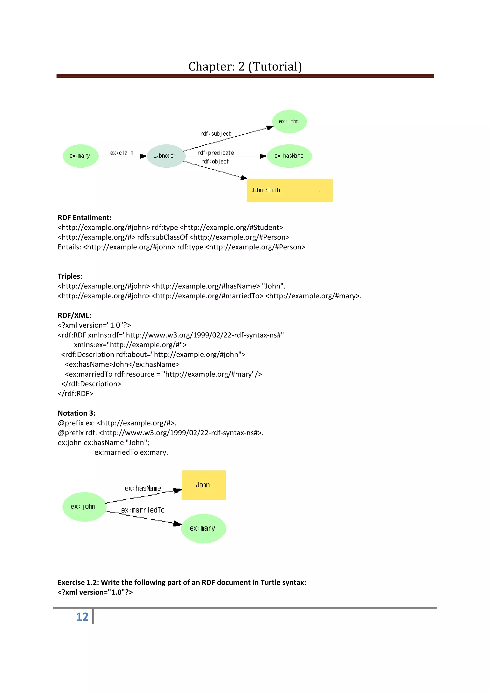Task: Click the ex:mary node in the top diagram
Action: (80, 156)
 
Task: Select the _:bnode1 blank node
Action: (166, 156)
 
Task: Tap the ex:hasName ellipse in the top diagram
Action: (289, 156)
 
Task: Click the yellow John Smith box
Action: (289, 190)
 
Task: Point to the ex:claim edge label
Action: (122, 153)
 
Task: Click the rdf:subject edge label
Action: (216, 134)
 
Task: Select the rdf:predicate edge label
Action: (216, 153)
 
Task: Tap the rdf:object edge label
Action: (215, 161)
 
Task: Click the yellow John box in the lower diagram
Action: (203, 485)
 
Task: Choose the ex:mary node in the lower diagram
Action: (203, 528)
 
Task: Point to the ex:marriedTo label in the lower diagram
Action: (143, 510)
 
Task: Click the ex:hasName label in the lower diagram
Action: (143, 488)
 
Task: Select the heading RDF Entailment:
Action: (84, 218)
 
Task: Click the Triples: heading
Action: (70, 276)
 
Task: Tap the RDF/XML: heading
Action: (74, 315)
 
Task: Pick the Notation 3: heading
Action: (76, 413)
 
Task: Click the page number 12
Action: (82, 617)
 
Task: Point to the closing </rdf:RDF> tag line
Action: (75, 394)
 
